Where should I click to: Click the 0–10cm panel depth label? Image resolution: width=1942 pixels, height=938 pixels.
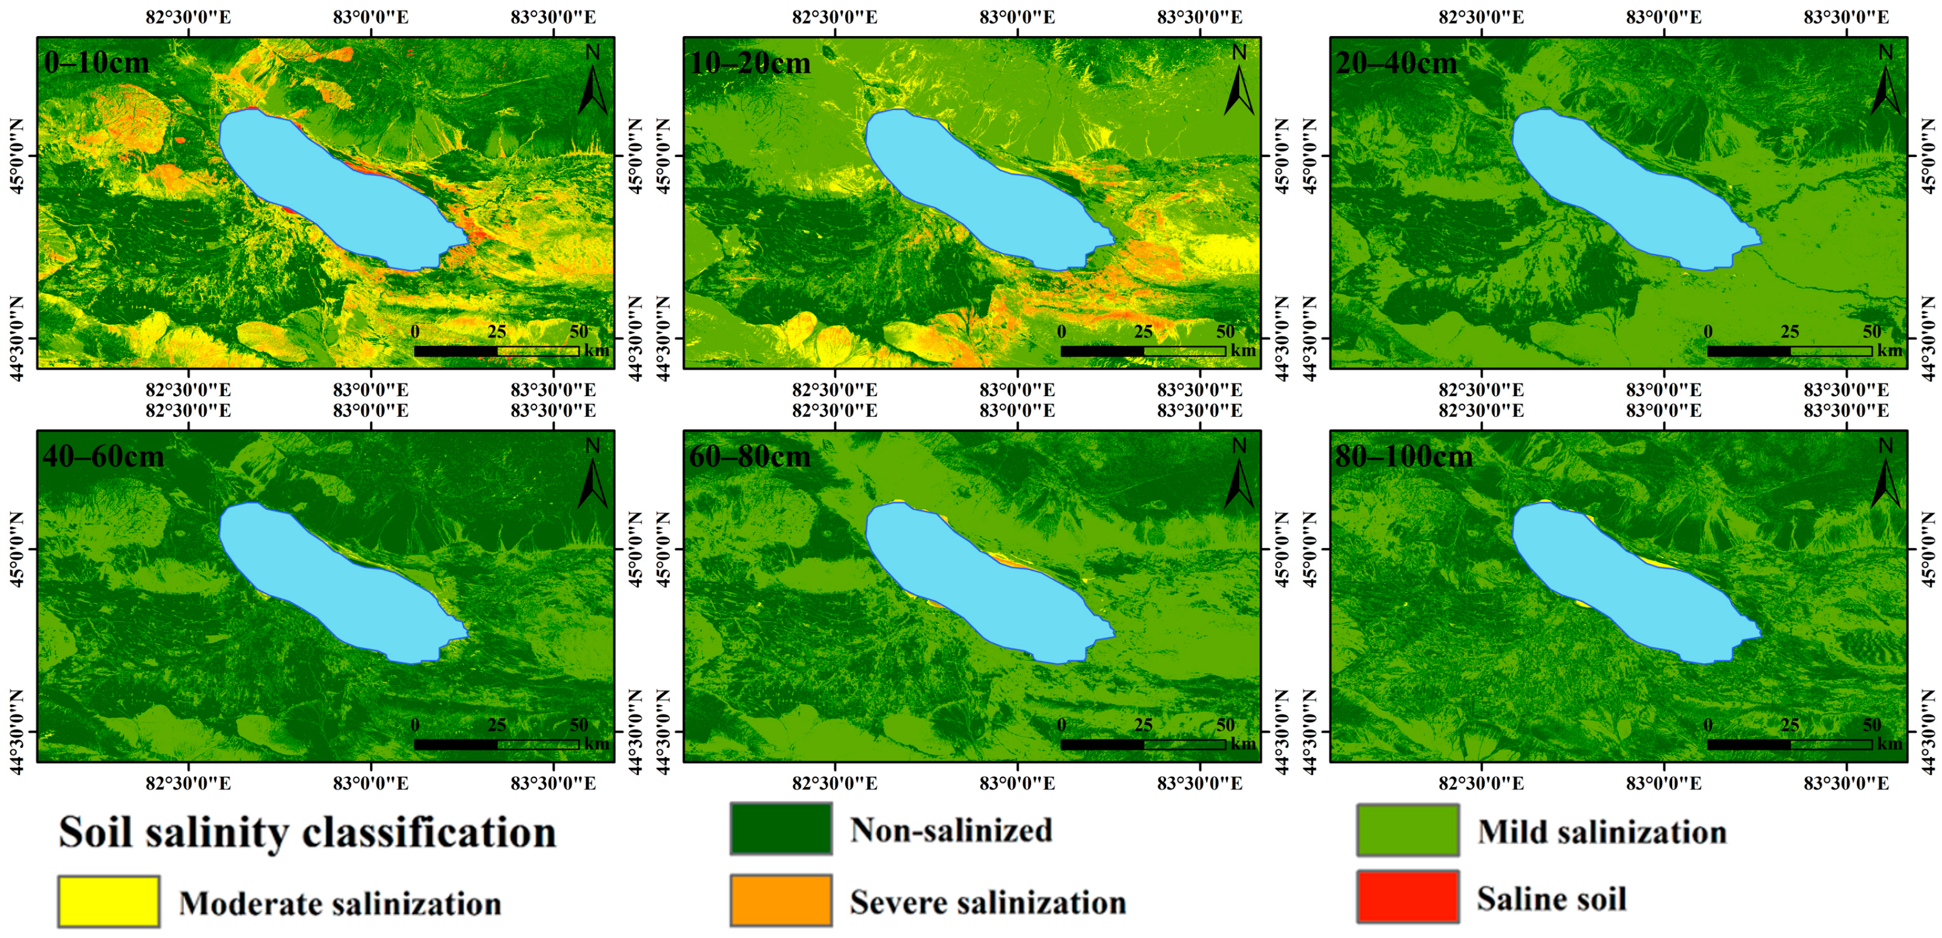coord(97,62)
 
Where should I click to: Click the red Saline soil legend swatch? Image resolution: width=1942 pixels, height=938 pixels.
coord(1407,897)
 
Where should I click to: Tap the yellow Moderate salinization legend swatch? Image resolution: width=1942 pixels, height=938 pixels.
coord(109,901)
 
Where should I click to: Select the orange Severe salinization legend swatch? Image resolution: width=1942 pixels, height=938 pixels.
coord(781,900)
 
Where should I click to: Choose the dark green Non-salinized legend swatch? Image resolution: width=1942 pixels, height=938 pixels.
coord(781,829)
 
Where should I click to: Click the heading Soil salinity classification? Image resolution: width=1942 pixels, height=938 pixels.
coord(308,832)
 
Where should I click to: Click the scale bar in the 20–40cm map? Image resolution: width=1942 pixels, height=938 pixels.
coord(1789,351)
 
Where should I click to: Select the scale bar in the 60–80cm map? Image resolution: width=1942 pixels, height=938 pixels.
coord(1143,744)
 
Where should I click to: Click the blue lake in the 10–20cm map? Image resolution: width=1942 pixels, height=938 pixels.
coord(980,189)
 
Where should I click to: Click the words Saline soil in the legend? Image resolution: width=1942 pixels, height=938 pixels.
coord(1551,899)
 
